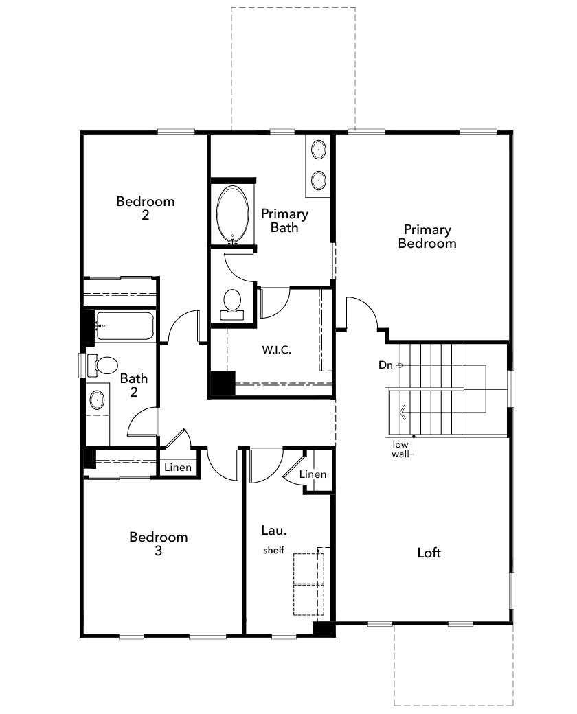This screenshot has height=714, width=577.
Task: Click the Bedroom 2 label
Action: pyautogui.click(x=146, y=207)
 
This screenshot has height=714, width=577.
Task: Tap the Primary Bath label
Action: pyautogui.click(x=284, y=220)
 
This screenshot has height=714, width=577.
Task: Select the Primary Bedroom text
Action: pyautogui.click(x=427, y=236)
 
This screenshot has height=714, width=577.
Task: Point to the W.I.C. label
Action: pyautogui.click(x=276, y=349)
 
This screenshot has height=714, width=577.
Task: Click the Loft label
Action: pyautogui.click(x=429, y=553)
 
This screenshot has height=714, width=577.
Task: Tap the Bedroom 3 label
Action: pyautogui.click(x=158, y=544)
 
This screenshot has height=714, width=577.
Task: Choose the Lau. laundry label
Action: pyautogui.click(x=274, y=531)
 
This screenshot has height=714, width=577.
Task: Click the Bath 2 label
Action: pyautogui.click(x=133, y=384)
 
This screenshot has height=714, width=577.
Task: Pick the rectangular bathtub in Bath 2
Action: pyautogui.click(x=124, y=325)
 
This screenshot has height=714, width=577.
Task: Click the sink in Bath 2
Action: pyautogui.click(x=97, y=400)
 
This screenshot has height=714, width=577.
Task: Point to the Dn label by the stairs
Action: pyautogui.click(x=385, y=365)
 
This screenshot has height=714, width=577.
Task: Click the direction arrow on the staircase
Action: pyautogui.click(x=403, y=413)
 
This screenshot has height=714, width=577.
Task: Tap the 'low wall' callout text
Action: pyautogui.click(x=400, y=449)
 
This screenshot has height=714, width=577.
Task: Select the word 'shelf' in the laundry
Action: pyautogui.click(x=273, y=550)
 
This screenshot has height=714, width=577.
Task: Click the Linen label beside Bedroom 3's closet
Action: pyautogui.click(x=178, y=468)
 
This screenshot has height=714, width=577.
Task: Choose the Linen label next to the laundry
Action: pyautogui.click(x=313, y=474)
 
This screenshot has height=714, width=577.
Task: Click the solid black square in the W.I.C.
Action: pyautogui.click(x=223, y=383)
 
